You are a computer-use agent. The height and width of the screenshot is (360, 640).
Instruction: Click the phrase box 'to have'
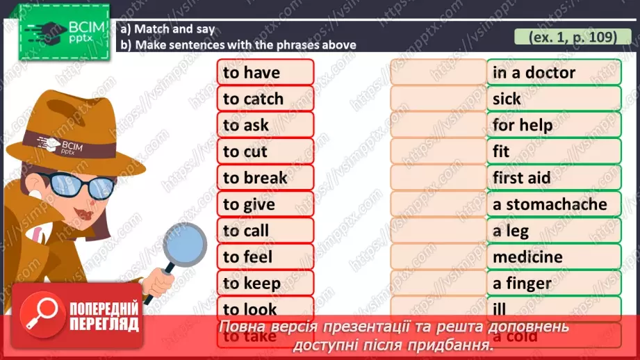pyautogui.click(x=265, y=72)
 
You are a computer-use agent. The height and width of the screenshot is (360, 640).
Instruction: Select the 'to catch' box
pyautogui.click(x=265, y=99)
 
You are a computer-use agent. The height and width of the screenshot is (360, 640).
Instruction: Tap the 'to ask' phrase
pyautogui.click(x=265, y=125)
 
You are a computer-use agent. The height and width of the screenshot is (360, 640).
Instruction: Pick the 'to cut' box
pyautogui.click(x=265, y=152)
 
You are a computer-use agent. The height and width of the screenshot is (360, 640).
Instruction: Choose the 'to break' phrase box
pyautogui.click(x=265, y=178)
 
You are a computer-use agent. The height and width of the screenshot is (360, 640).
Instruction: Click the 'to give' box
pyautogui.click(x=265, y=204)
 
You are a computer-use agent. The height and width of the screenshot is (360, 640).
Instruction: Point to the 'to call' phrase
pyautogui.click(x=265, y=231)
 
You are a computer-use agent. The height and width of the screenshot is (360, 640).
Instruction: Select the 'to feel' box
pyautogui.click(x=265, y=257)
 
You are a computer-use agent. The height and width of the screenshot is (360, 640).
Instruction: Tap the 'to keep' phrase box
pyautogui.click(x=265, y=284)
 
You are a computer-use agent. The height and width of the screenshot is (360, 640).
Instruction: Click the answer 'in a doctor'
pyautogui.click(x=553, y=72)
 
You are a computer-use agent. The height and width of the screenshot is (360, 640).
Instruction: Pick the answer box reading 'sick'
pyautogui.click(x=553, y=99)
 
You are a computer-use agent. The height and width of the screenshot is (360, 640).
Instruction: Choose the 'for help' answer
pyautogui.click(x=553, y=125)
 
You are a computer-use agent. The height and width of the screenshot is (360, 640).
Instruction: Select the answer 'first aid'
pyautogui.click(x=553, y=178)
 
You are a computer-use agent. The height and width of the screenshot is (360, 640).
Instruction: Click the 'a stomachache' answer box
pyautogui.click(x=553, y=204)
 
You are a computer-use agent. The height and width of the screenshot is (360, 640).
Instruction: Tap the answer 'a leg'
pyautogui.click(x=553, y=231)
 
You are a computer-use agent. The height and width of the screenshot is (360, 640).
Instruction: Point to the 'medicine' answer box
pyautogui.click(x=553, y=257)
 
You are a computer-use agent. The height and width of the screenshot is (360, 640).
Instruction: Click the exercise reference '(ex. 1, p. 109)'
pyautogui.click(x=573, y=37)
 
